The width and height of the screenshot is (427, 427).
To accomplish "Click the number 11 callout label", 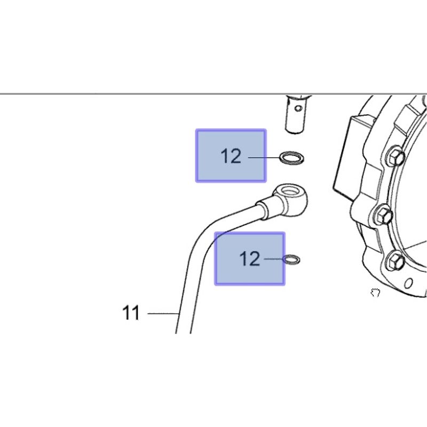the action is [x=131, y=313].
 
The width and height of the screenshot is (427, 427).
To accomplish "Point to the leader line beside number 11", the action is [x=163, y=314].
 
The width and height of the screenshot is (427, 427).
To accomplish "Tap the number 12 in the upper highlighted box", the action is [x=231, y=156].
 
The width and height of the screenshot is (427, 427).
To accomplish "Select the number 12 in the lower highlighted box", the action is [x=250, y=259].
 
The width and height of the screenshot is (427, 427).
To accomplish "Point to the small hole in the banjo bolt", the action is [x=298, y=108].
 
